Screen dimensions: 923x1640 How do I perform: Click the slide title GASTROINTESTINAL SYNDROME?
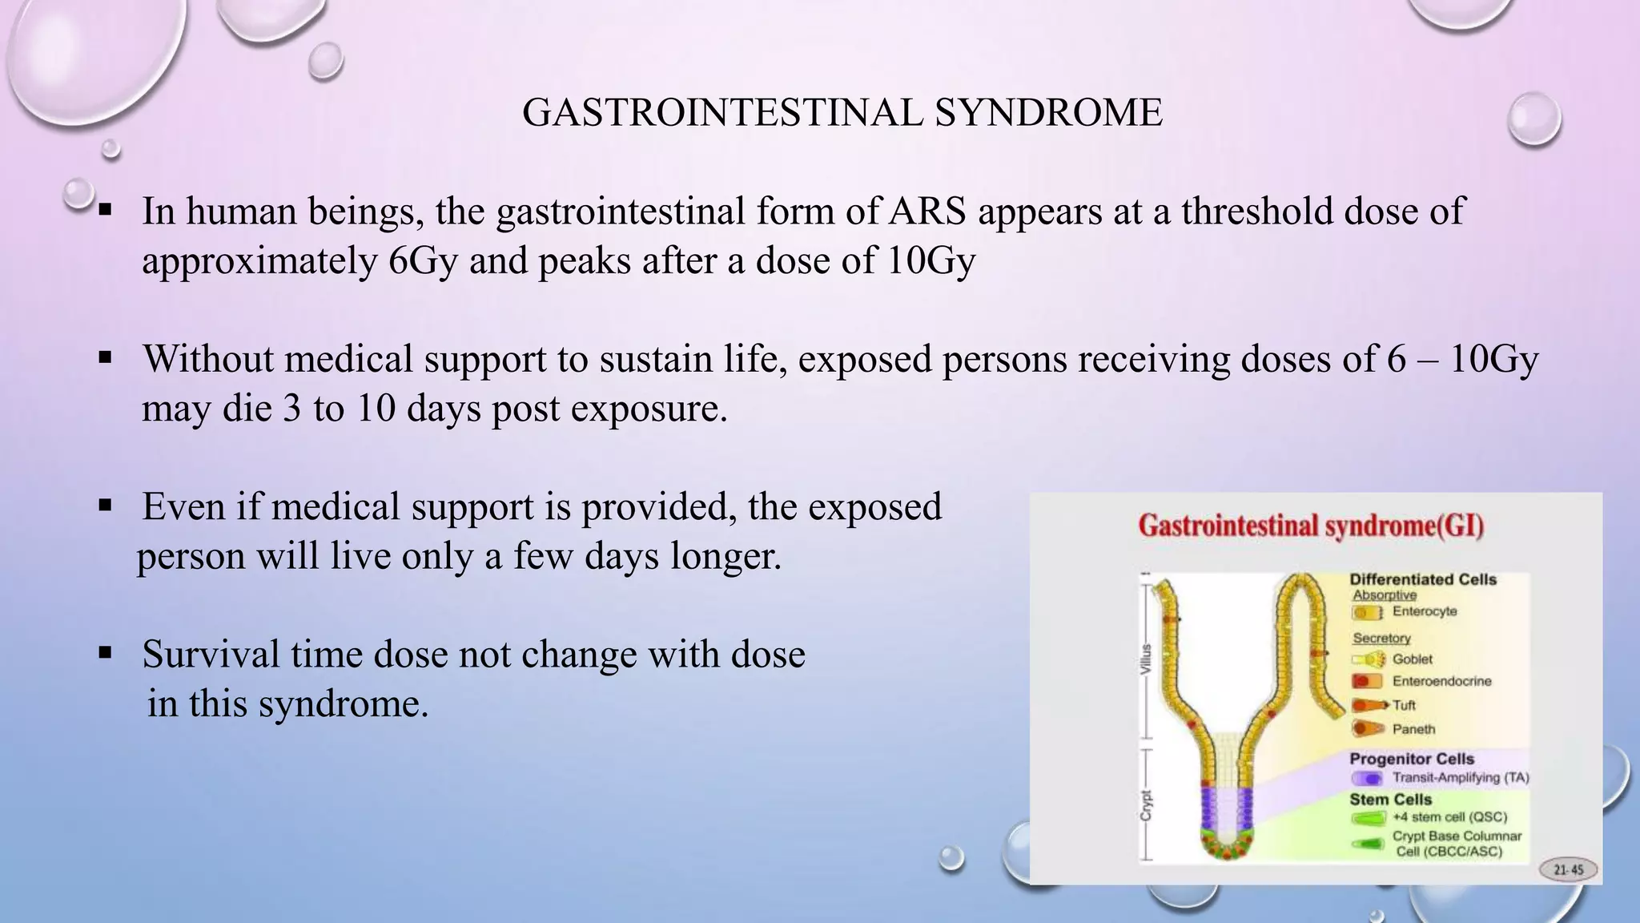coord(842,113)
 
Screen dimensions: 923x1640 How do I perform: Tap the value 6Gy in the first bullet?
coord(423,261)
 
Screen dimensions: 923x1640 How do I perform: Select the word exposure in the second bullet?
coord(649,409)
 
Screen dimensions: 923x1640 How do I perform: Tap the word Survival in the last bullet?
coord(210,655)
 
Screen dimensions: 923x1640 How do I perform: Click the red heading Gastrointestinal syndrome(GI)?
coord(1311,526)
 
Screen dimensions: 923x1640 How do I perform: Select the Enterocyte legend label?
coord(1425,611)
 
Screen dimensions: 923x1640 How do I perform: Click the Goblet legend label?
coord(1412,659)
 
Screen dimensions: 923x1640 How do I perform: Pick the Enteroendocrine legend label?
coord(1441,681)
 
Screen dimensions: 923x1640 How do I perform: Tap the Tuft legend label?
coord(1404,705)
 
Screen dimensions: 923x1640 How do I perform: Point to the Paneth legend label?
coord(1413,729)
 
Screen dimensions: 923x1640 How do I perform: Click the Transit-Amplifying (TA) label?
coord(1460,777)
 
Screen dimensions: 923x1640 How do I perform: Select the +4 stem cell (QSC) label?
coord(1449,817)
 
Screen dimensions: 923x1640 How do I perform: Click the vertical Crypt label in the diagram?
coord(1146,804)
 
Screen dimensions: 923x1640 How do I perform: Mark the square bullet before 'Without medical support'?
coord(105,358)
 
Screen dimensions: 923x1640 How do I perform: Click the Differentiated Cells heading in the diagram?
coord(1422,579)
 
